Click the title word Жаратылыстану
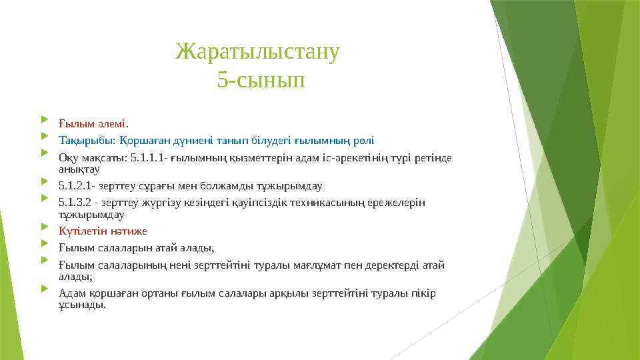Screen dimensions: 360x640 point(258,51)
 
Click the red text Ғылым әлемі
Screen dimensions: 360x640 point(93,123)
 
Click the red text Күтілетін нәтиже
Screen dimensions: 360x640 point(103,231)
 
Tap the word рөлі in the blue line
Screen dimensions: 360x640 point(363,141)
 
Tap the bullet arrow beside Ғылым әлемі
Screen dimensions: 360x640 point(44,121)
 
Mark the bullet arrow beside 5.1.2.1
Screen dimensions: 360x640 point(44,183)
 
